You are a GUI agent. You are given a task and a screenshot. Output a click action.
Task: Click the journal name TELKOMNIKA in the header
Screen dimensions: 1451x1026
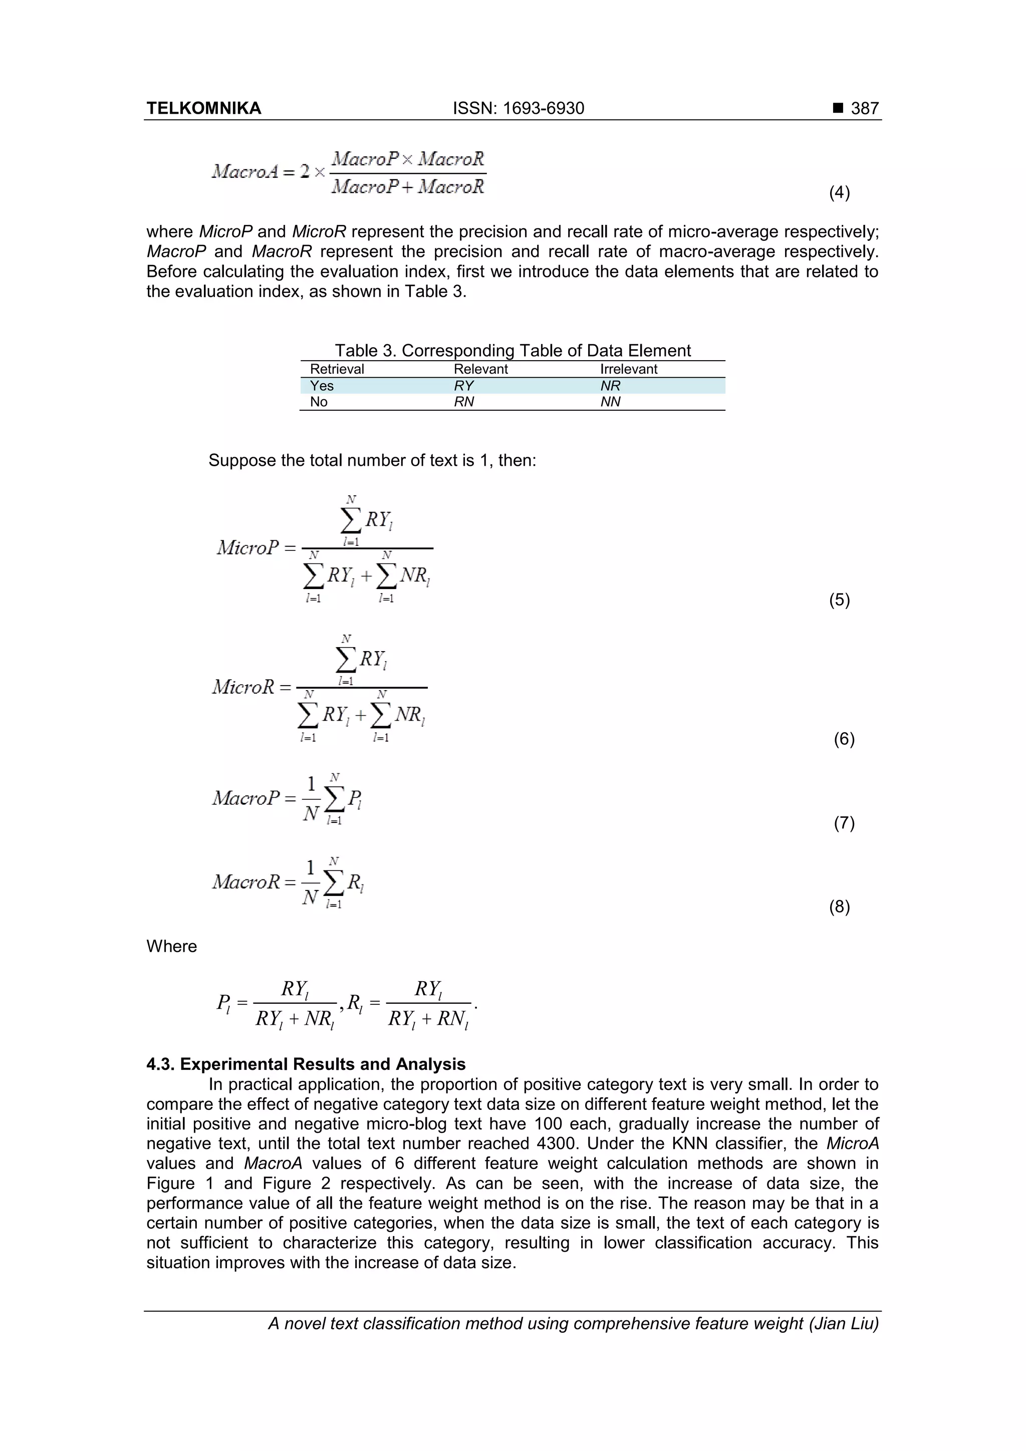pos(203,108)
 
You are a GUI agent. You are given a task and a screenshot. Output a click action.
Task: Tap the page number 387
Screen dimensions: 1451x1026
pos(864,108)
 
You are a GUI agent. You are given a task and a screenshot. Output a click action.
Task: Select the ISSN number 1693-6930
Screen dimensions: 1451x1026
pos(543,108)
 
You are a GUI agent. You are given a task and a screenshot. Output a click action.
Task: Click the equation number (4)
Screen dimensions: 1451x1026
pos(839,192)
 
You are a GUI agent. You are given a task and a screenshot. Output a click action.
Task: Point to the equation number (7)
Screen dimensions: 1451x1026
pos(844,823)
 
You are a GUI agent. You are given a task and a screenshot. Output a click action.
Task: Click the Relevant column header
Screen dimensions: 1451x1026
pos(480,369)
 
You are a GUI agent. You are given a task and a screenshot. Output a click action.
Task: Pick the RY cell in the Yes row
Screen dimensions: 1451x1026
pos(463,386)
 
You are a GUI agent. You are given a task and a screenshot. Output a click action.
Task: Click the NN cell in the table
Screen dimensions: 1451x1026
pos(610,402)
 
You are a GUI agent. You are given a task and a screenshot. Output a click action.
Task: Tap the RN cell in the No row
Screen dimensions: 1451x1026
pos(463,402)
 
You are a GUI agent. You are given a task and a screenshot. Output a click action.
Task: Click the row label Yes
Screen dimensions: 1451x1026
pos(321,386)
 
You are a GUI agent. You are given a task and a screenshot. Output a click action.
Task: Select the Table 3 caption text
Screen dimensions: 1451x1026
pos(512,350)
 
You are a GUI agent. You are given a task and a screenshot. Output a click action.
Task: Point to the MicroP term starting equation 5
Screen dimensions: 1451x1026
pos(247,547)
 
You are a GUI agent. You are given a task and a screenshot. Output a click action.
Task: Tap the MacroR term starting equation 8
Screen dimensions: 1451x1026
pos(245,882)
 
